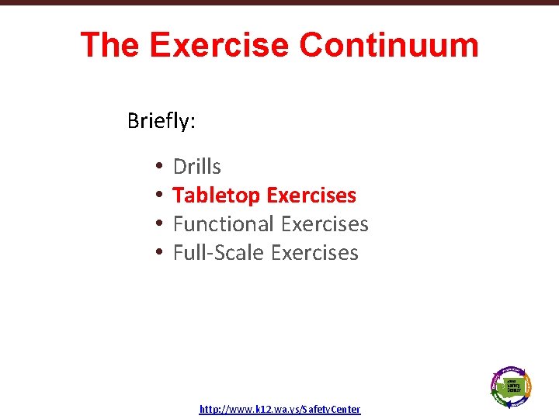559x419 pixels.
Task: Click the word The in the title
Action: (109, 45)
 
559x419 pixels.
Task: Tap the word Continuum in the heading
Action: (389, 45)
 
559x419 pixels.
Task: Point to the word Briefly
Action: (159, 121)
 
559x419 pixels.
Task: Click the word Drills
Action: (196, 167)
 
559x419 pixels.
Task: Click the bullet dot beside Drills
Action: (158, 167)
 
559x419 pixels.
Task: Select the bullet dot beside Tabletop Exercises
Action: (158, 196)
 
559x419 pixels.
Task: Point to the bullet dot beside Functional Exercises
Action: (158, 224)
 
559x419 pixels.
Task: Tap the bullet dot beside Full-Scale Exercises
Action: (158, 253)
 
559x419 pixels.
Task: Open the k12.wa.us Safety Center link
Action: (279, 409)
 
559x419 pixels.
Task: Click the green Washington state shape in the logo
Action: (512, 385)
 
